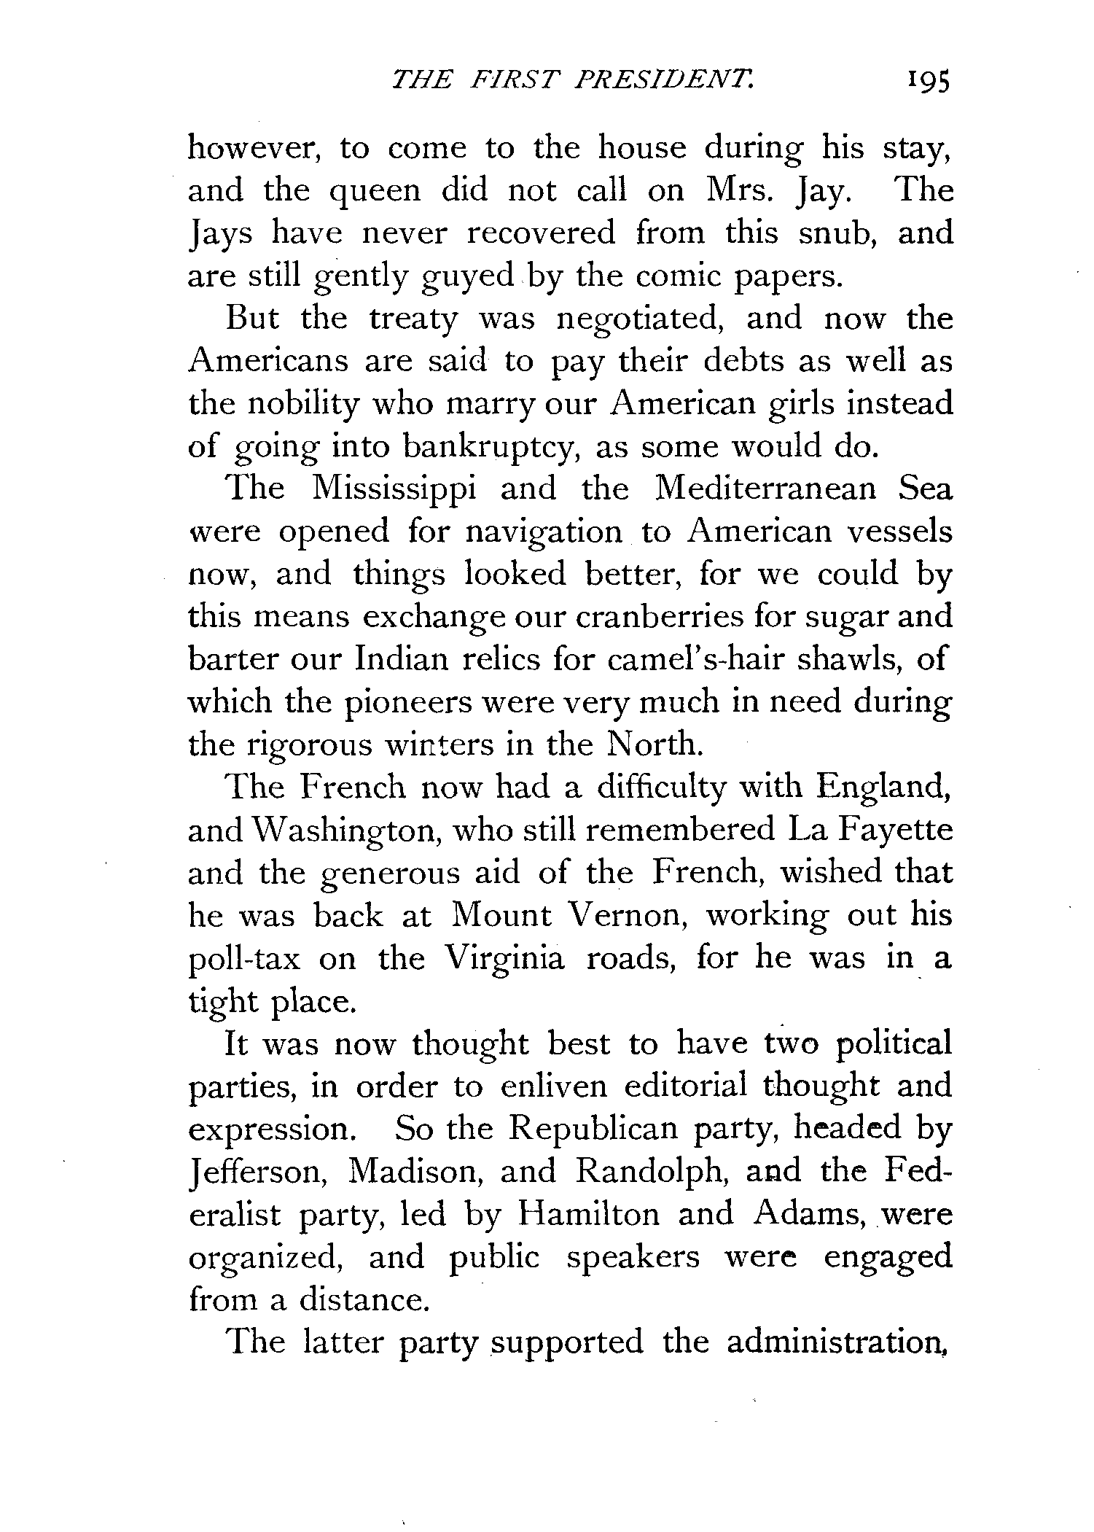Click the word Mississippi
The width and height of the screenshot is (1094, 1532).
pos(394,489)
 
